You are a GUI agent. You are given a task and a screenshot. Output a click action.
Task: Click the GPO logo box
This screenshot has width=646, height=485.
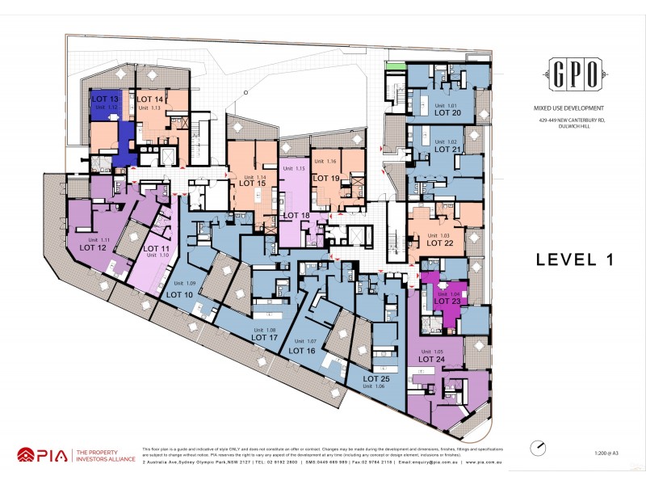click(575, 75)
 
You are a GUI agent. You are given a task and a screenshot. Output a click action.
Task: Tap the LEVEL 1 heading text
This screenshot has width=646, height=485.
click(575, 259)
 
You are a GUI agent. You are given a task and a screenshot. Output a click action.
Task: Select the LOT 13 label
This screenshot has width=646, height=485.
click(105, 99)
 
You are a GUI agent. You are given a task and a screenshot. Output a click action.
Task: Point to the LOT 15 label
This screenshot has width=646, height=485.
click(252, 183)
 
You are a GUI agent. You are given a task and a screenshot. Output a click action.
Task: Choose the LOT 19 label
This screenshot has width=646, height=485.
click(326, 178)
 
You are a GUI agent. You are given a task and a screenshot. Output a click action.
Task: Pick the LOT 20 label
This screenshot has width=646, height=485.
click(447, 113)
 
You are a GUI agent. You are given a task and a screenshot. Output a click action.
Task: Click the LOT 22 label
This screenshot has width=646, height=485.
click(439, 242)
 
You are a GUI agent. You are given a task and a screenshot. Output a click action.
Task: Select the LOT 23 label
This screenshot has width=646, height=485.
click(447, 302)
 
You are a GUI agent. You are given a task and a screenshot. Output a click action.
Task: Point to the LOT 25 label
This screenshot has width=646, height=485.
click(376, 378)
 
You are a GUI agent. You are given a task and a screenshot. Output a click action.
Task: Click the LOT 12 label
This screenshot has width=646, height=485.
click(93, 248)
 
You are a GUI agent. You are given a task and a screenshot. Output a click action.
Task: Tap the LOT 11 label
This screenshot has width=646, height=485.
click(156, 248)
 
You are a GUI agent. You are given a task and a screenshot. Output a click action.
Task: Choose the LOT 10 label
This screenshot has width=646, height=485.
click(179, 295)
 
